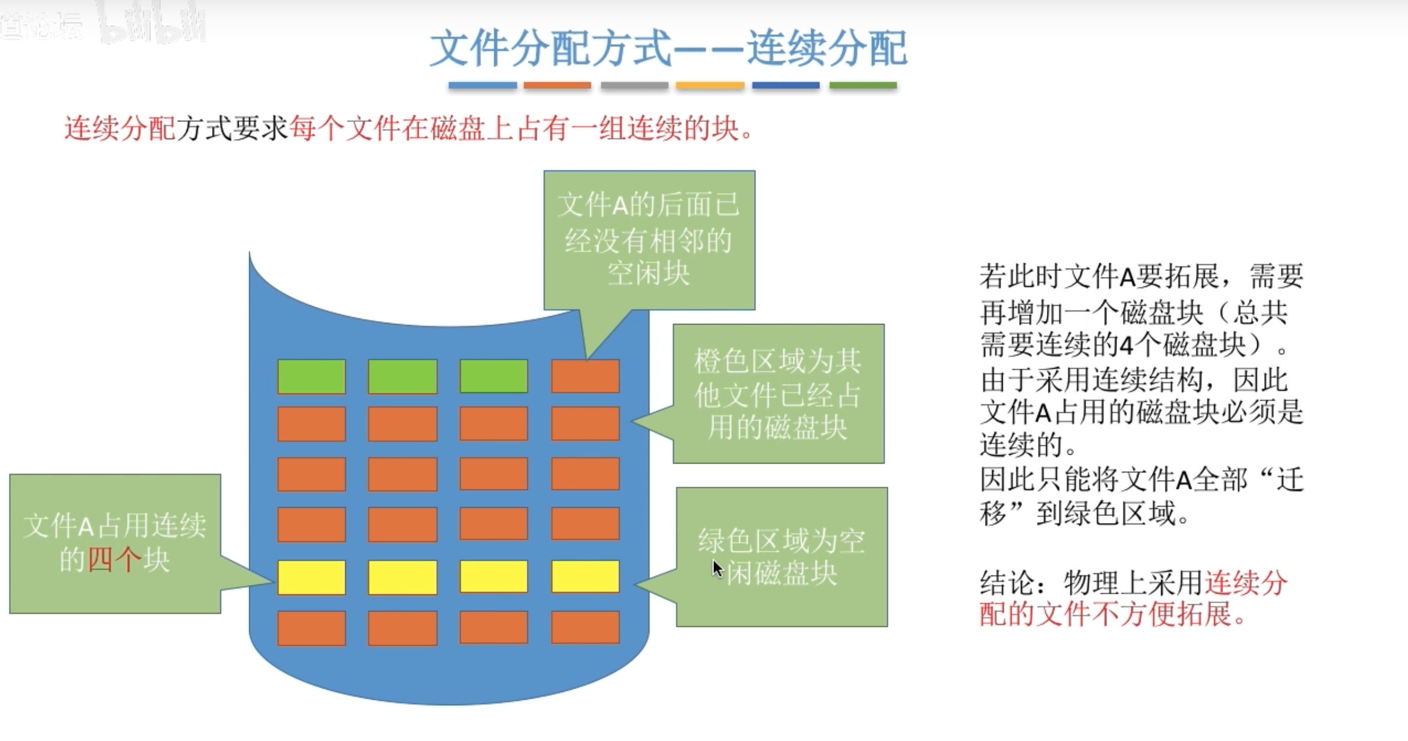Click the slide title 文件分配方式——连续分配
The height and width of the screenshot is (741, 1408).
point(668,48)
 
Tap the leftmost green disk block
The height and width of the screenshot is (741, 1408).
point(312,376)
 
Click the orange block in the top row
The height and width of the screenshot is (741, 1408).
point(585,376)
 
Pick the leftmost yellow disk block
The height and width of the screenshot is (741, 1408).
point(312,577)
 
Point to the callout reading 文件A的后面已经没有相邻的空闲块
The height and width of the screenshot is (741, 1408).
point(649,240)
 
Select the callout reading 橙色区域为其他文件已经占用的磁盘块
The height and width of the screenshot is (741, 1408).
point(778,393)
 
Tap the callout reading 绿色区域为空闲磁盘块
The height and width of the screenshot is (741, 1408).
point(781,557)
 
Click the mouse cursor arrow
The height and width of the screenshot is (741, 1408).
point(716,568)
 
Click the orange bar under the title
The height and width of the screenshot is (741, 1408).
point(557,85)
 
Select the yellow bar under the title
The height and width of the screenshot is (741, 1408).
point(709,85)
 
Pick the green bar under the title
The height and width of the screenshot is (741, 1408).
point(862,85)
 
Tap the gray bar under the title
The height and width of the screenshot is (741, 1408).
point(634,85)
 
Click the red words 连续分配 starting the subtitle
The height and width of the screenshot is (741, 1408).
point(120,128)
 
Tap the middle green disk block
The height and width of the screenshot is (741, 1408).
point(402,376)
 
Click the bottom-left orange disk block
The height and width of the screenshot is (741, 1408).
point(312,628)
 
